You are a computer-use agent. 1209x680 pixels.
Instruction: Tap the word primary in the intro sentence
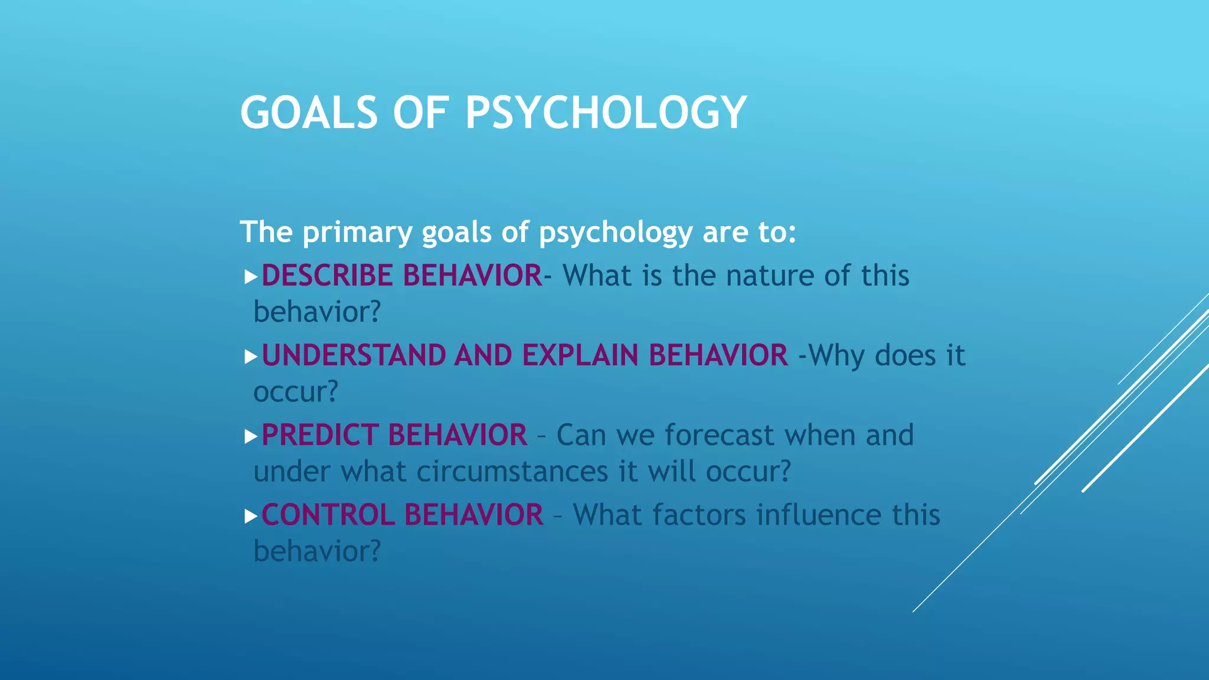pos(357,233)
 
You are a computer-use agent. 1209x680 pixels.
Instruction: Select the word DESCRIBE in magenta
pos(328,276)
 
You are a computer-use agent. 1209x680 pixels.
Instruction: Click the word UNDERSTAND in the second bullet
pos(354,355)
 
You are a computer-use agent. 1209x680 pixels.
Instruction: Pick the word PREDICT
pos(320,435)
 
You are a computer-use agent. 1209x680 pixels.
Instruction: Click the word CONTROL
pos(328,515)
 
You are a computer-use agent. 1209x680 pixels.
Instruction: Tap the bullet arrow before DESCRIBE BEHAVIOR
pos(251,276)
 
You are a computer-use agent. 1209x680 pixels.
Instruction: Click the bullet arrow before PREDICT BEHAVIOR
pos(251,436)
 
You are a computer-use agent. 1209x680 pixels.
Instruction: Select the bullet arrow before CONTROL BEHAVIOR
pos(251,516)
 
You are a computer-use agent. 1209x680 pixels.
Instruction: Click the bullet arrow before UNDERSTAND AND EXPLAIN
pos(251,357)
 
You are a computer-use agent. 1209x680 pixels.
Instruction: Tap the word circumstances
pos(512,472)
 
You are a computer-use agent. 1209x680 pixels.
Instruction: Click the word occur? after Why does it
pos(296,392)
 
